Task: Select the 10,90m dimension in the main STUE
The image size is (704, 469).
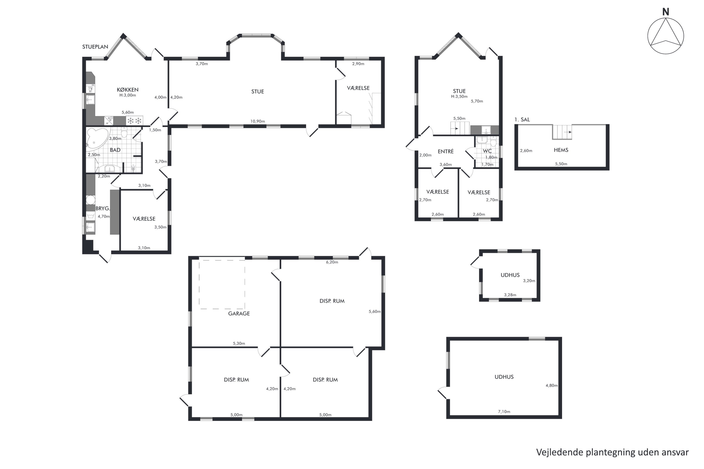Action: (x=258, y=121)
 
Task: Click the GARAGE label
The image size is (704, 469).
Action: (x=239, y=314)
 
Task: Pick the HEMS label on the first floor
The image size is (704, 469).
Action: (x=561, y=150)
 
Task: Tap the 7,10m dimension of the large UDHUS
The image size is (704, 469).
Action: (x=504, y=412)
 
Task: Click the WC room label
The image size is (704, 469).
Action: (x=487, y=151)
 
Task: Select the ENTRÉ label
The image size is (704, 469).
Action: (x=446, y=151)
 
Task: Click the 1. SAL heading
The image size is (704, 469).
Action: (x=522, y=120)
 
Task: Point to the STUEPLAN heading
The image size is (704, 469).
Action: (x=95, y=47)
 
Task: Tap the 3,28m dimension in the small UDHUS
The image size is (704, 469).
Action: (x=510, y=295)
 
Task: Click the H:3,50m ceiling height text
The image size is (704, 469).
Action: (x=459, y=97)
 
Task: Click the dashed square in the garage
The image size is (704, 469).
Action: (x=222, y=284)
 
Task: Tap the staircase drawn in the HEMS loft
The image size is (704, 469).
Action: (x=562, y=132)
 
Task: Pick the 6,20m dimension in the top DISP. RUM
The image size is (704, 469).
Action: (x=332, y=262)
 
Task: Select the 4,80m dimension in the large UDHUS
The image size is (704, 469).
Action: (x=552, y=386)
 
